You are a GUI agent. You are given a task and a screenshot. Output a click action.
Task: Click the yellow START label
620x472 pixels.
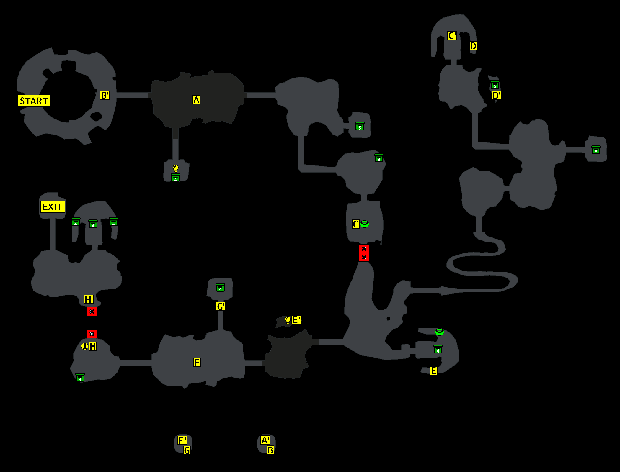click(x=34, y=101)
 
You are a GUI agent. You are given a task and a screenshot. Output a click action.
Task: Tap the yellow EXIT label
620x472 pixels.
click(x=52, y=207)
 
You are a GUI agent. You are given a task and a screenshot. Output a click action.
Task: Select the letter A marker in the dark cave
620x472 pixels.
click(x=196, y=100)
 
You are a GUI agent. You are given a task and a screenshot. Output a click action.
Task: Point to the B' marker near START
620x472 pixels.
click(x=105, y=95)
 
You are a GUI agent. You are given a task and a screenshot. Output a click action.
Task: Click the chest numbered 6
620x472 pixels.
click(x=596, y=150)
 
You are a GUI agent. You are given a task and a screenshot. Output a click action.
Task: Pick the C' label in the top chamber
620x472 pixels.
click(x=452, y=36)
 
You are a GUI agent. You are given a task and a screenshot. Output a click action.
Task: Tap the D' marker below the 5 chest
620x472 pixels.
click(x=496, y=95)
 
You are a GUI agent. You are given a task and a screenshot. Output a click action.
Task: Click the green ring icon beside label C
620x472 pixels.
click(x=365, y=224)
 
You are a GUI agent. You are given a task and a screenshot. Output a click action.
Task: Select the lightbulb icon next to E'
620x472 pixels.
click(x=288, y=320)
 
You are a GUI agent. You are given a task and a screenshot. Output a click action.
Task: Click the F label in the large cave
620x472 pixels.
click(x=197, y=362)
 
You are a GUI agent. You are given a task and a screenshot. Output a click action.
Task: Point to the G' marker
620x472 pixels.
click(x=221, y=307)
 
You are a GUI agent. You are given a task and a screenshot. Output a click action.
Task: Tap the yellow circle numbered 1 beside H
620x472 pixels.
click(x=85, y=346)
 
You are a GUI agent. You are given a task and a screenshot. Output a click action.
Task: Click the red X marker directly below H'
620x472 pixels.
click(x=92, y=312)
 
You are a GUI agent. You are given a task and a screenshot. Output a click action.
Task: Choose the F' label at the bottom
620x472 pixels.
click(x=182, y=440)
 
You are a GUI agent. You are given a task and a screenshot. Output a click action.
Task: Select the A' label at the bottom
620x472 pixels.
click(x=265, y=440)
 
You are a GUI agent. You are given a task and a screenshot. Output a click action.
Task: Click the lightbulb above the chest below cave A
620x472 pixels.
click(x=176, y=168)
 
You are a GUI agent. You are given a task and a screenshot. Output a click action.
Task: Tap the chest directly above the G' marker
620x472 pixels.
click(x=220, y=288)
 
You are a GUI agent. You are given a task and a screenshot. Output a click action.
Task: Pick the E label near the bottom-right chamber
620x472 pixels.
click(x=433, y=371)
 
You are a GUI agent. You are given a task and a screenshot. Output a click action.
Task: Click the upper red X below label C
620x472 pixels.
click(x=364, y=249)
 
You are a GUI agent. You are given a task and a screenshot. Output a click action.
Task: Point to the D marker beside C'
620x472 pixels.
click(x=473, y=46)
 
